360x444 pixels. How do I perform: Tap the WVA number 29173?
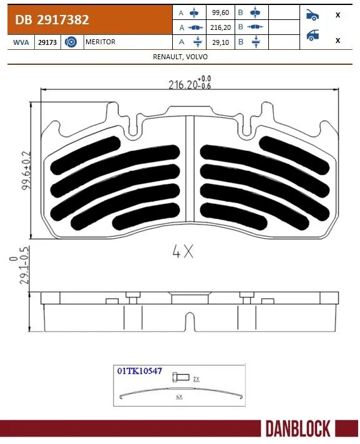tap(46, 42)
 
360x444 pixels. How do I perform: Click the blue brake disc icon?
tap(71, 42)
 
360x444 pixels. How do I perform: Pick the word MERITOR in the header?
tap(101, 42)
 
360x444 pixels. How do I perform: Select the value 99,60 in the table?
tap(221, 12)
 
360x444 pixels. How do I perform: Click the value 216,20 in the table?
tap(221, 27)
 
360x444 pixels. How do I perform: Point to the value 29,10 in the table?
tap(221, 42)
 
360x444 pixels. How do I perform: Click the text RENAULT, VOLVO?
tap(180, 56)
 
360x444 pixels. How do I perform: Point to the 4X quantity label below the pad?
tap(183, 253)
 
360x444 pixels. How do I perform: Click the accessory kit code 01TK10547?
tap(140, 370)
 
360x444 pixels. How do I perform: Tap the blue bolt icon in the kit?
tap(181, 376)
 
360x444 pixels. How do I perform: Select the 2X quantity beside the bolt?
tap(196, 379)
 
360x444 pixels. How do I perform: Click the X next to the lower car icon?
tap(338, 40)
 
